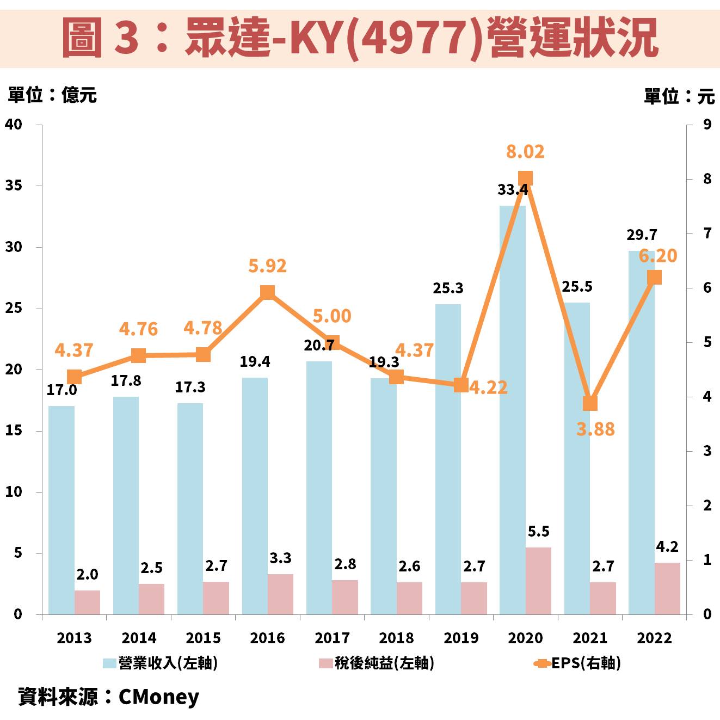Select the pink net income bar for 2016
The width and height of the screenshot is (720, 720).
(280, 594)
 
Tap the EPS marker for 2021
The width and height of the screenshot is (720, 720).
(590, 403)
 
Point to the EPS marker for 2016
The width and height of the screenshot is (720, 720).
(267, 292)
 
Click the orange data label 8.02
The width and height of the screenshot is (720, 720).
(525, 151)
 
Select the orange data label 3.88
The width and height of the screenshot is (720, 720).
(595, 429)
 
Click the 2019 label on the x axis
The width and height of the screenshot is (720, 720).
(461, 638)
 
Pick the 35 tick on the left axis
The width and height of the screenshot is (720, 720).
(14, 186)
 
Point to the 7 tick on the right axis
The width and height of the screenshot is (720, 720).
(707, 233)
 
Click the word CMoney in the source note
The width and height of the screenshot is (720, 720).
(158, 697)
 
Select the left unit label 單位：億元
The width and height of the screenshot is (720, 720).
(52, 95)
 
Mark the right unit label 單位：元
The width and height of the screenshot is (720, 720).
(679, 96)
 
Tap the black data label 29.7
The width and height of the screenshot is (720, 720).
(642, 235)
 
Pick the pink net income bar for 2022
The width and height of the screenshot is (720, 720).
(667, 588)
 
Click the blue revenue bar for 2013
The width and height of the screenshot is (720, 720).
(61, 510)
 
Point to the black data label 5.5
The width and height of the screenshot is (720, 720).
(538, 532)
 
